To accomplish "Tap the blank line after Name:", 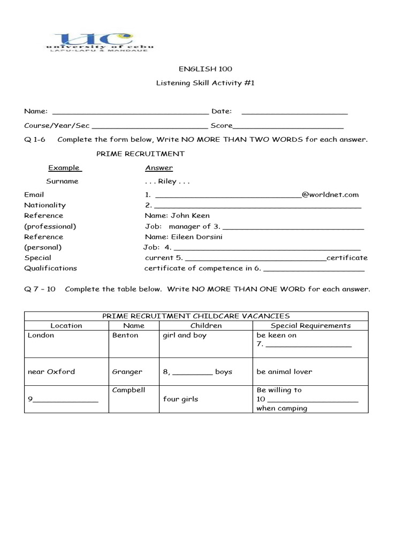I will coord(131,112).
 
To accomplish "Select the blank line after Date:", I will coord(295,112).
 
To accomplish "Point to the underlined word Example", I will coord(64,168).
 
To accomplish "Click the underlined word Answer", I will coord(159,168).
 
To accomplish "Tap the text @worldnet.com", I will coord(330,195).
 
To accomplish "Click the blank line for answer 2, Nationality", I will coord(257,206).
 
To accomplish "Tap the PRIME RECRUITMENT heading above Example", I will coord(140,154).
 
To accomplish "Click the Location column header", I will coord(66,325).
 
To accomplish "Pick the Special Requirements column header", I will coord(310,325).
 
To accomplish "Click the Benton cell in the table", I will coord(125,336).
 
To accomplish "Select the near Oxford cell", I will coord(51,372).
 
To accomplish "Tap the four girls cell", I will coord(180,399).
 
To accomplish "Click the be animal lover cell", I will coord(284,372).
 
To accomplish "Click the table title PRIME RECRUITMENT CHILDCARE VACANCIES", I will coord(196,316).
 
